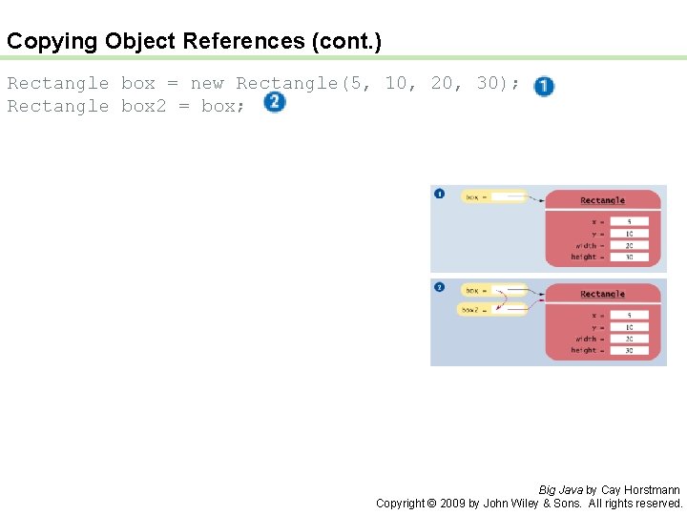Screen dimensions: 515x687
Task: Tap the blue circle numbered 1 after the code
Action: pos(544,86)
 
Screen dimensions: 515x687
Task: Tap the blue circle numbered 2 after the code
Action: pos(274,102)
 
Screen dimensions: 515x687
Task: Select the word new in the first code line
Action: pos(207,83)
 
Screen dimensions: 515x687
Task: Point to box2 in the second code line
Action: pos(143,106)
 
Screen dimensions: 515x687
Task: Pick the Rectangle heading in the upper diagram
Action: pos(602,200)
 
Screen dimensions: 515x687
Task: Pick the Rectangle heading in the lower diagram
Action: pos(602,294)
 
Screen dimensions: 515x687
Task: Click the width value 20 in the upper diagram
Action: pos(629,245)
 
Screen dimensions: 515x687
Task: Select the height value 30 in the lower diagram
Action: pos(629,350)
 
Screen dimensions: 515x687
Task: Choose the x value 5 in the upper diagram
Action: pos(629,222)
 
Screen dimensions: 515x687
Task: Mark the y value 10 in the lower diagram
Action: pos(629,327)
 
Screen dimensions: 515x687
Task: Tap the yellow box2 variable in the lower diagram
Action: pos(492,309)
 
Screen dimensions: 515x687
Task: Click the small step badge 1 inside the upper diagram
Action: pos(440,194)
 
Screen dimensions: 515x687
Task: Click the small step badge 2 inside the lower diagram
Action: pos(439,287)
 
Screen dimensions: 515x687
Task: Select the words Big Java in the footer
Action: pos(560,490)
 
